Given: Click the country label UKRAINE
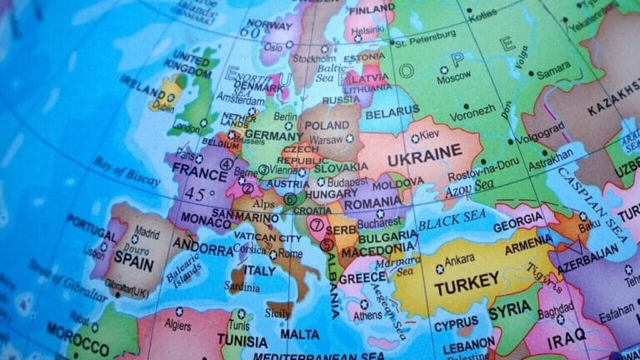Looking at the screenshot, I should (432, 152).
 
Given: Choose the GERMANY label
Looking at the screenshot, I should (273, 136).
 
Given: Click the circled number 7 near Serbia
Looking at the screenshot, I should (317, 223).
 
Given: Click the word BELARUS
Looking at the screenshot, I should (392, 110).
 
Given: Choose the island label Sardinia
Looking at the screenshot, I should (242, 287).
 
